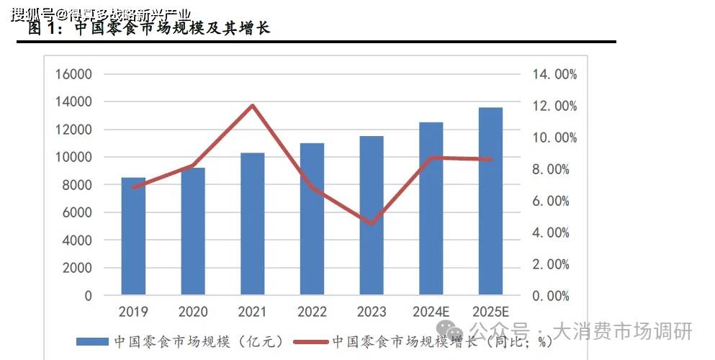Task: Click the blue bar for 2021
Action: [252, 224]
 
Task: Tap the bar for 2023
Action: [372, 215]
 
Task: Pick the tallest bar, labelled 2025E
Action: [490, 201]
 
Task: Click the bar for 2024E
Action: [431, 209]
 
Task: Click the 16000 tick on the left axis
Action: [73, 74]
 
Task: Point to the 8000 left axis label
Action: [78, 185]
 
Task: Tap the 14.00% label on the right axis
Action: [554, 74]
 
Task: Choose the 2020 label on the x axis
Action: [192, 312]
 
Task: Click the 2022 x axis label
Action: [312, 312]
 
